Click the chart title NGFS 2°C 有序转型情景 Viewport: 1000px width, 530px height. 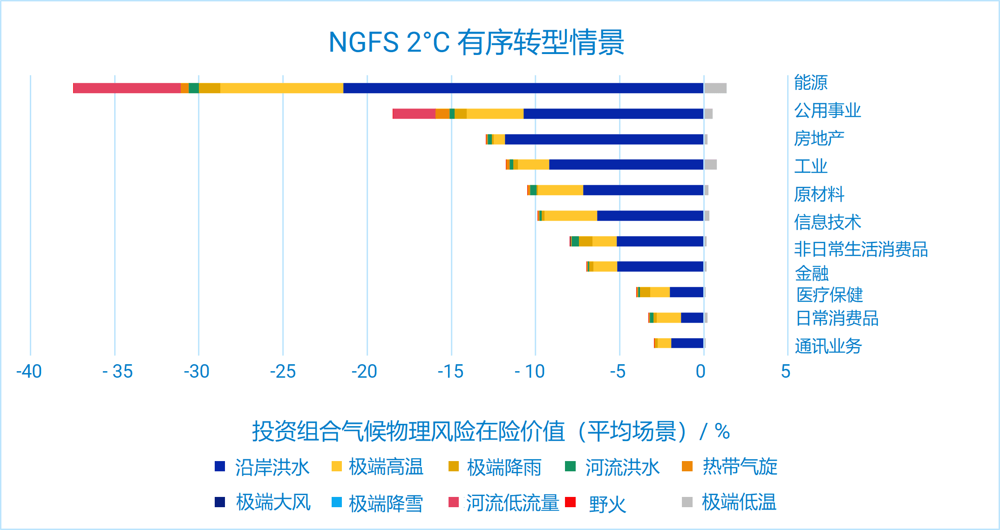[476, 42]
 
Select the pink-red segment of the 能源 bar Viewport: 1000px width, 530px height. [127, 88]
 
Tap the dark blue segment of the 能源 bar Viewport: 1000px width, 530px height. [523, 88]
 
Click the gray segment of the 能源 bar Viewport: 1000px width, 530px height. [715, 88]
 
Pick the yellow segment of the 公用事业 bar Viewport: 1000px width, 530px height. [495, 114]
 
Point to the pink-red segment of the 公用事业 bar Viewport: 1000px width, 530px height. [414, 114]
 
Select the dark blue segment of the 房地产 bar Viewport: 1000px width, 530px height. [604, 139]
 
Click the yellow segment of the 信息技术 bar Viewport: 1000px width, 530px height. [571, 216]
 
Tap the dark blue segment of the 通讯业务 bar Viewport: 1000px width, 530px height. [687, 343]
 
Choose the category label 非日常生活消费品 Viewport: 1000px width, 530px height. [861, 250]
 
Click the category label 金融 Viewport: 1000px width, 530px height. [812, 273]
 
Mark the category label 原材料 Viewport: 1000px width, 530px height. [819, 194]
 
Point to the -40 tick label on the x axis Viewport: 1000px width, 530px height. [29, 372]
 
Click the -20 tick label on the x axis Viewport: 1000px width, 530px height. [364, 372]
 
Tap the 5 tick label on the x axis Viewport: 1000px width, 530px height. [786, 372]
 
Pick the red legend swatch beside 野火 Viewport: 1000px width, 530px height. [571, 503]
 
